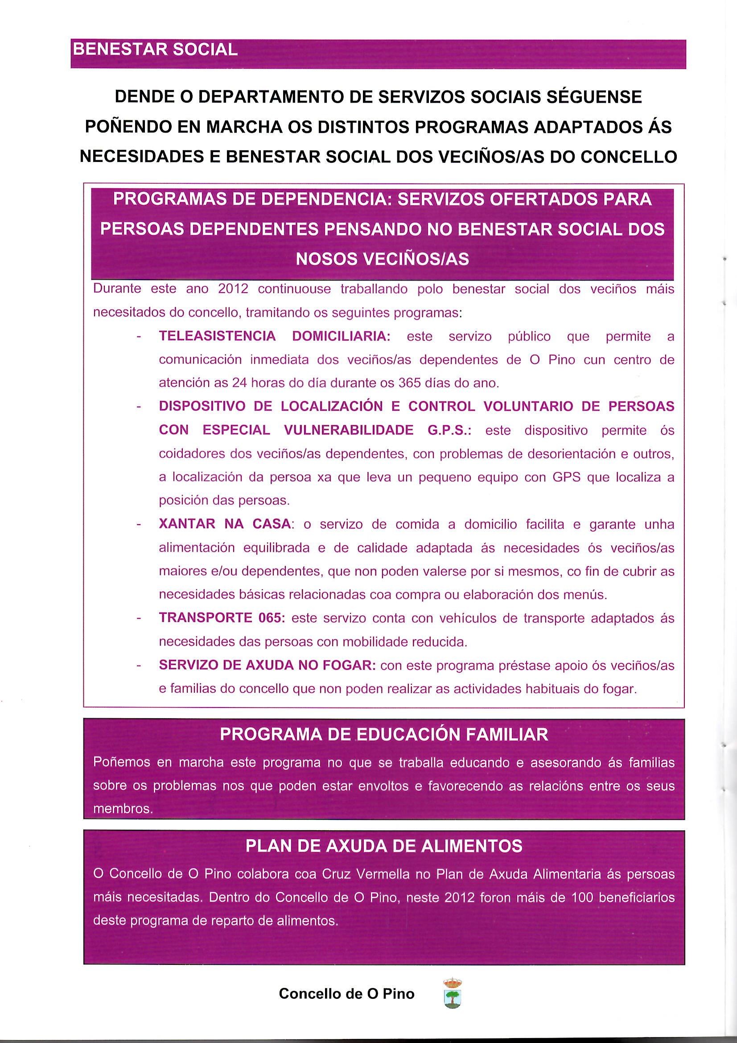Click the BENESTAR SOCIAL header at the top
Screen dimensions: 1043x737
[155, 50]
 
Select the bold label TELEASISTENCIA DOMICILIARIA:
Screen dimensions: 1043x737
[274, 336]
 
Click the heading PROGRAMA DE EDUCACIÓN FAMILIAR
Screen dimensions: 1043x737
[384, 735]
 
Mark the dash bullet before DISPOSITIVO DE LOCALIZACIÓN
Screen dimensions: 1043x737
[139, 406]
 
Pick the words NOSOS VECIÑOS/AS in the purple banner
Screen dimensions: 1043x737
[382, 259]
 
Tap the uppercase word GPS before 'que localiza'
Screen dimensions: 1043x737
[567, 477]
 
